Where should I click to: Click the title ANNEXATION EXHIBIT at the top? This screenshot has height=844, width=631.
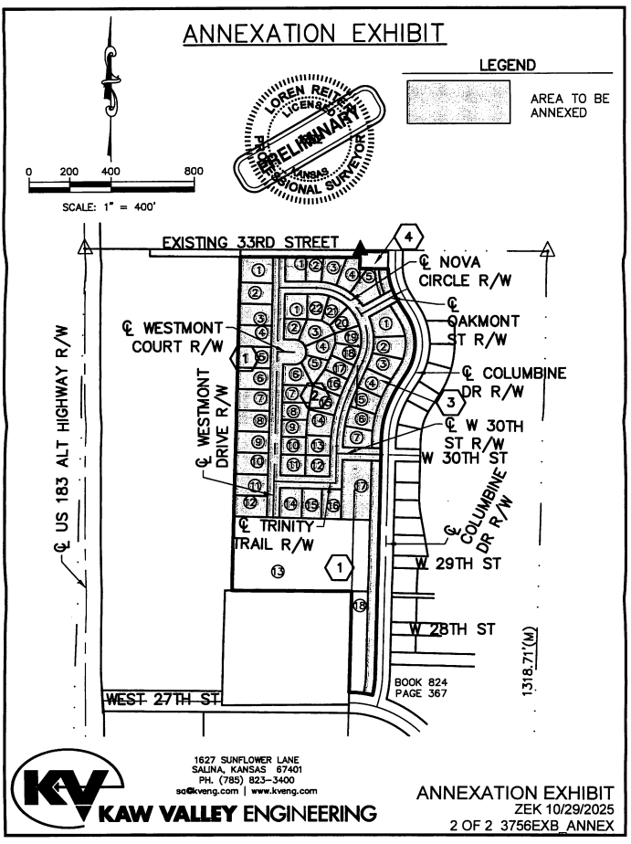pos(314,34)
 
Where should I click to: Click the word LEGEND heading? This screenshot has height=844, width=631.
pos(507,66)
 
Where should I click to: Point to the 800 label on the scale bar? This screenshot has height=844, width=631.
pos(193,172)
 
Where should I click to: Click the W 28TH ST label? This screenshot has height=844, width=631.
pos(452,628)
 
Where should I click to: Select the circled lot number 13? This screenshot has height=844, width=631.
pos(278,571)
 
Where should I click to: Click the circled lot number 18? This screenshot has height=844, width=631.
pos(359,605)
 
